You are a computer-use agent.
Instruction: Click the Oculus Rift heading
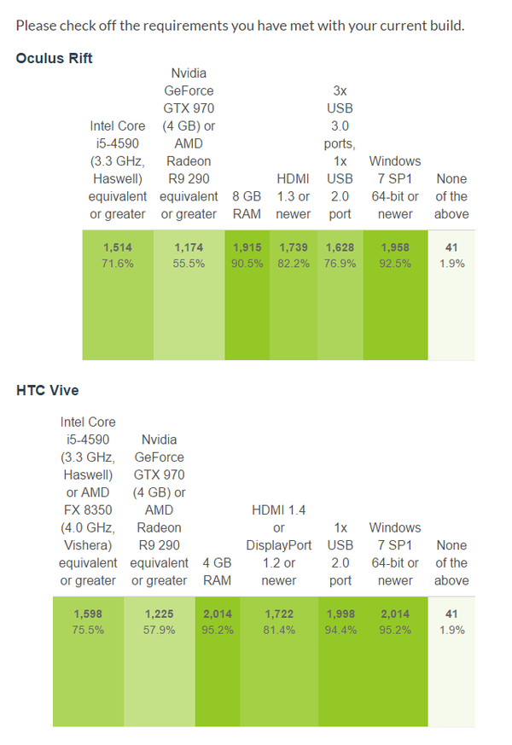55,58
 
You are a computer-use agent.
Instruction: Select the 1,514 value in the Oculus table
118,247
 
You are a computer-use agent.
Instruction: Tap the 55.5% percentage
189,264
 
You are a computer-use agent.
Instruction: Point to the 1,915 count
247,247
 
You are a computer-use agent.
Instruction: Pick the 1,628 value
340,247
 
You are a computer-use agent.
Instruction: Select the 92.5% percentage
395,264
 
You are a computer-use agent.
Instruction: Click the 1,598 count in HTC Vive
88,614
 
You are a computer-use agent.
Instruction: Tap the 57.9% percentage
160,630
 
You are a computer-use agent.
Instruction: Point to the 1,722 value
279,614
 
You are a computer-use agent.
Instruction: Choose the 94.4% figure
340,630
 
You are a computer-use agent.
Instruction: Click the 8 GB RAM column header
247,205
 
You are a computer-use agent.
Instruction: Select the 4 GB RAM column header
217,572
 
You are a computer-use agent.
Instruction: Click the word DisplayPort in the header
279,545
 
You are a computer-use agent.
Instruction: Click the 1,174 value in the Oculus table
189,247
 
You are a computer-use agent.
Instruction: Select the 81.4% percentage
279,630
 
